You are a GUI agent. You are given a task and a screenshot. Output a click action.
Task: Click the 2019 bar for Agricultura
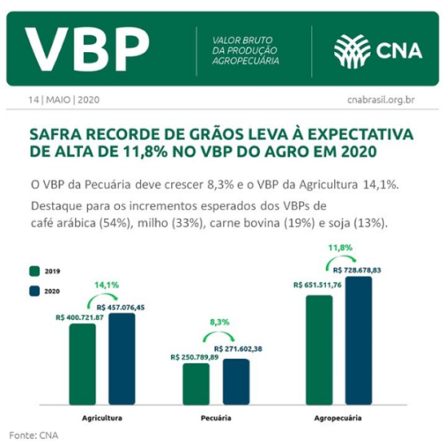(x=82, y=364)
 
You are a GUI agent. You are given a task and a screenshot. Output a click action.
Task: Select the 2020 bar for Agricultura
(x=122, y=359)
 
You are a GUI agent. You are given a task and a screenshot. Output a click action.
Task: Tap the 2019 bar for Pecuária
(x=196, y=383)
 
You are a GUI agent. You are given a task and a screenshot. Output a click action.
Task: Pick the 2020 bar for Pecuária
(x=236, y=382)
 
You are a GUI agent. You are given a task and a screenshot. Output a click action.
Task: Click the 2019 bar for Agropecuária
(x=319, y=350)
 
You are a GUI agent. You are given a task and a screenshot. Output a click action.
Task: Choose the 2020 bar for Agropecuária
(x=359, y=340)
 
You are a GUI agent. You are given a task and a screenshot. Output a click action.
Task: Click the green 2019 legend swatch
(x=34, y=271)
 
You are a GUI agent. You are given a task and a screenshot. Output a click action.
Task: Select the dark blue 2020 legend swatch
(x=34, y=291)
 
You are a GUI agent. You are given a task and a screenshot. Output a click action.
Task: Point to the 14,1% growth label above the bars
(x=107, y=285)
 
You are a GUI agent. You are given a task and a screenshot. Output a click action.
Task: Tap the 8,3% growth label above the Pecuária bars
(x=220, y=322)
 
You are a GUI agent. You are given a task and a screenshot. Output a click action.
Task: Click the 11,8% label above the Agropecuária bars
(x=341, y=247)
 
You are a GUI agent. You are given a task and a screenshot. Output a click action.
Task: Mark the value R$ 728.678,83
(x=357, y=270)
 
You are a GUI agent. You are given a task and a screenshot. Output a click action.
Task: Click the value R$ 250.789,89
(x=195, y=357)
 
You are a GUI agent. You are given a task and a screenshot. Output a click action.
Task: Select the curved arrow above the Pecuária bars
(x=218, y=333)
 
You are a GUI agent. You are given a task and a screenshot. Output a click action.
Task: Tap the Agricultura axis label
(x=102, y=418)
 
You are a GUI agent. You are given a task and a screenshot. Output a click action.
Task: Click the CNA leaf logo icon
(x=352, y=51)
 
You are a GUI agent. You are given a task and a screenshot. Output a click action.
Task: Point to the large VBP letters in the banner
(x=87, y=50)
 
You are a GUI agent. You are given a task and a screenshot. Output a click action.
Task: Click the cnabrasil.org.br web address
(x=381, y=100)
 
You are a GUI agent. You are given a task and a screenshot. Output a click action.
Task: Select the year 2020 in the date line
(x=89, y=100)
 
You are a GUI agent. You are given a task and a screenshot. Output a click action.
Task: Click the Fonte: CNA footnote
(x=33, y=435)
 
